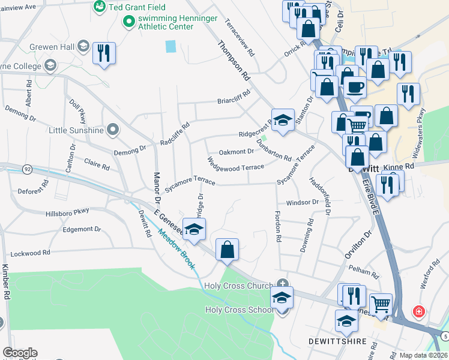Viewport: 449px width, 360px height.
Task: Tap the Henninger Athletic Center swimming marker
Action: pos(128,22)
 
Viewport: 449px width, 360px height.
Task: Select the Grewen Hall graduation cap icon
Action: pos(83,46)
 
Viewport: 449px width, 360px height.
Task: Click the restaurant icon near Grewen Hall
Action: pos(104,53)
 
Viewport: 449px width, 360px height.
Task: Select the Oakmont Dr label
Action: pos(237,152)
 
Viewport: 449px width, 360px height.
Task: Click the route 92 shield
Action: pos(28,170)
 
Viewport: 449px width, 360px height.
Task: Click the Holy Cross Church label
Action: pos(238,286)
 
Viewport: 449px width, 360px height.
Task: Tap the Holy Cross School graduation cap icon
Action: pos(282,297)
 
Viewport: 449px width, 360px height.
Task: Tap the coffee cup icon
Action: pos(354,86)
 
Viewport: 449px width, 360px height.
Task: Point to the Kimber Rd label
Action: pos(6,282)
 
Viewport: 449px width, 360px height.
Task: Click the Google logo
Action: pos(19,353)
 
